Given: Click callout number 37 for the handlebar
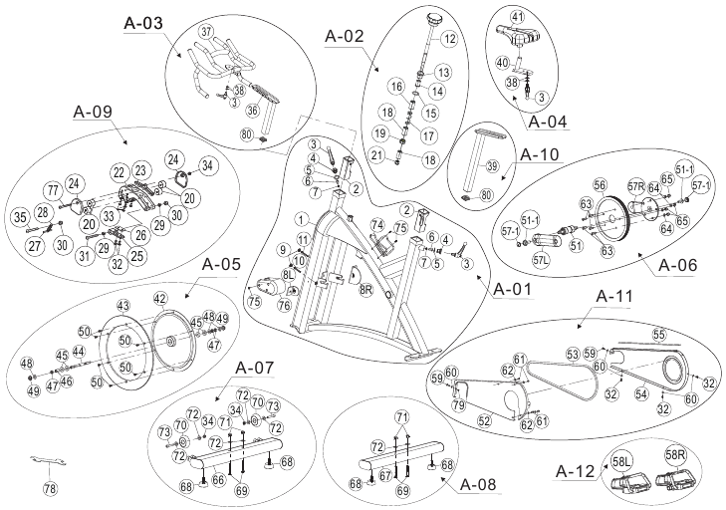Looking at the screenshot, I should click(206, 32).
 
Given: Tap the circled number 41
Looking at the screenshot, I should click(517, 17).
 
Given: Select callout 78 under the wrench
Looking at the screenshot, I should click(51, 488).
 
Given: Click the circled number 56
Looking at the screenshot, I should click(599, 184).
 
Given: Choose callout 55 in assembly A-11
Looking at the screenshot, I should click(657, 334).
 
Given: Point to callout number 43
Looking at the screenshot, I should click(123, 305).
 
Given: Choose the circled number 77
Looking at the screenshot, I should click(53, 190).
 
